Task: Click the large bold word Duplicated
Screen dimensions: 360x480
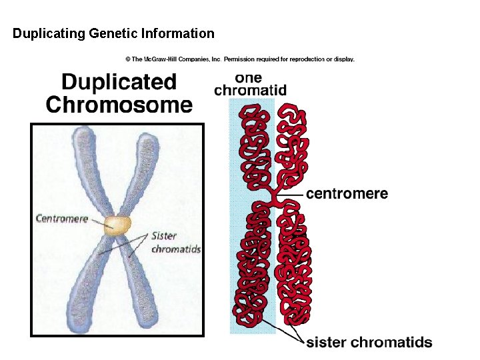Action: pyautogui.click(x=119, y=83)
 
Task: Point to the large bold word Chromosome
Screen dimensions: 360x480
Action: pyautogui.click(x=119, y=105)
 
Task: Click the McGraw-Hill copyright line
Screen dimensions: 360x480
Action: pyautogui.click(x=236, y=59)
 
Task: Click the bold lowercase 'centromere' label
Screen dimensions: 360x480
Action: pyautogui.click(x=347, y=194)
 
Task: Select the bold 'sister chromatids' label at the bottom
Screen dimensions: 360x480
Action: pyautogui.click(x=369, y=343)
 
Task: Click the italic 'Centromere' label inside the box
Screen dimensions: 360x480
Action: pyautogui.click(x=61, y=219)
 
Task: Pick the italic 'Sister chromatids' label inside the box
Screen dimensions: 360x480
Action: pyautogui.click(x=175, y=243)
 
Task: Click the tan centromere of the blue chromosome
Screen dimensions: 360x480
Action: pyautogui.click(x=118, y=225)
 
